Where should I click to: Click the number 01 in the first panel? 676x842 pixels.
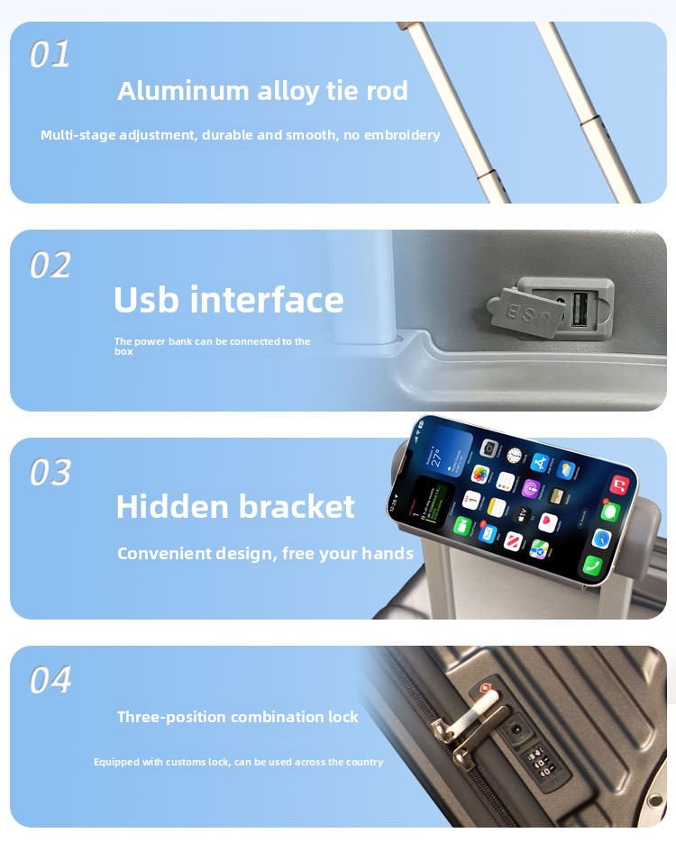[50, 54]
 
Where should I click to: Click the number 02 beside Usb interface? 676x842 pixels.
[50, 265]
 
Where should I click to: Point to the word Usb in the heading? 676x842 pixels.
[146, 299]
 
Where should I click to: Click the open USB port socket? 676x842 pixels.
[580, 309]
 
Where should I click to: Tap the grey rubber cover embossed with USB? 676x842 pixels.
[526, 312]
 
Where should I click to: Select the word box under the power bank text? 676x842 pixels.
[123, 351]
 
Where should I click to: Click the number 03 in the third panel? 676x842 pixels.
[50, 472]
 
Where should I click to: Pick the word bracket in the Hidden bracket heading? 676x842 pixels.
[296, 506]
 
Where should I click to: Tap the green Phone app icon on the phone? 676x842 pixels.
[593, 565]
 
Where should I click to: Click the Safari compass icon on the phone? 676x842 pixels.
[601, 538]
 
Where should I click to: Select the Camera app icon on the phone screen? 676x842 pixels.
[489, 448]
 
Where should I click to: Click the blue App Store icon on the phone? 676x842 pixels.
[540, 462]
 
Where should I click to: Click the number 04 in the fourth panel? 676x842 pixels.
[50, 679]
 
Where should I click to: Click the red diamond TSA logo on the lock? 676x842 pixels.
[484, 688]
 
